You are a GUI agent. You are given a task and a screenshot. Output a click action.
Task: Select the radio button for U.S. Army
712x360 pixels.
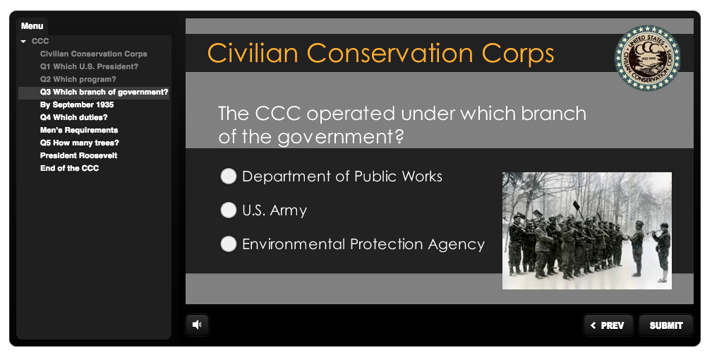pyautogui.click(x=229, y=210)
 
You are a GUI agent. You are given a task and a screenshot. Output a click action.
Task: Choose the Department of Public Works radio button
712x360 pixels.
pyautogui.click(x=229, y=176)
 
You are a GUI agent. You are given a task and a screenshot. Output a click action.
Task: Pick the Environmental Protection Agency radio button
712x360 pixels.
pyautogui.click(x=229, y=244)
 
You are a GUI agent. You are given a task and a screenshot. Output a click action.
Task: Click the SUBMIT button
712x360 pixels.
pyautogui.click(x=666, y=325)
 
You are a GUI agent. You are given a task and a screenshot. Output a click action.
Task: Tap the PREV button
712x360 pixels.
pyautogui.click(x=608, y=325)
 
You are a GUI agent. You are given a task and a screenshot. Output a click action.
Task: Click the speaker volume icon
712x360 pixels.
pyautogui.click(x=197, y=325)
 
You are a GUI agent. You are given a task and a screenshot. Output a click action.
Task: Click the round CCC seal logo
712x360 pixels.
pyautogui.click(x=647, y=58)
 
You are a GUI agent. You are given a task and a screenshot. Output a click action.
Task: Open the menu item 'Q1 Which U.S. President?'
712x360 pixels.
pyautogui.click(x=89, y=66)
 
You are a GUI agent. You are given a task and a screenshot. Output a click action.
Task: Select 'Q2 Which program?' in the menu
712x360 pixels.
pyautogui.click(x=78, y=79)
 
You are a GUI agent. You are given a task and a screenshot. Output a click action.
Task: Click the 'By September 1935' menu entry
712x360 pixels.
pyautogui.click(x=77, y=104)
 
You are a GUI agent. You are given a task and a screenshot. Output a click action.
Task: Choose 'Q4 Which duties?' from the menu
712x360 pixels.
pyautogui.click(x=73, y=117)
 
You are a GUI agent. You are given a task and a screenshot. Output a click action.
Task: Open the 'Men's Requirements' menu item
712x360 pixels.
pyautogui.click(x=79, y=130)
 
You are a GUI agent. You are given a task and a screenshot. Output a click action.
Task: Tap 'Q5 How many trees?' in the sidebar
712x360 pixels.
pyautogui.click(x=80, y=143)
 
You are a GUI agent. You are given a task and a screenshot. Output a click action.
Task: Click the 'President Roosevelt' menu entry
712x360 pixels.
pyautogui.click(x=78, y=155)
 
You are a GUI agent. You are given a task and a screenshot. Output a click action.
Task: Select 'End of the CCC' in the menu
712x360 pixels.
pyautogui.click(x=69, y=168)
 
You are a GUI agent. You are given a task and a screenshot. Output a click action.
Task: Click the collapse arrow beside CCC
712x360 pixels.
pyautogui.click(x=23, y=42)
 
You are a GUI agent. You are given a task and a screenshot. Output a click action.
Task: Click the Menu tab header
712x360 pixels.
pyautogui.click(x=32, y=26)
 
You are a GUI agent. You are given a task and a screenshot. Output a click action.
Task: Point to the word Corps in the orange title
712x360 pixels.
pyautogui.click(x=518, y=54)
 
